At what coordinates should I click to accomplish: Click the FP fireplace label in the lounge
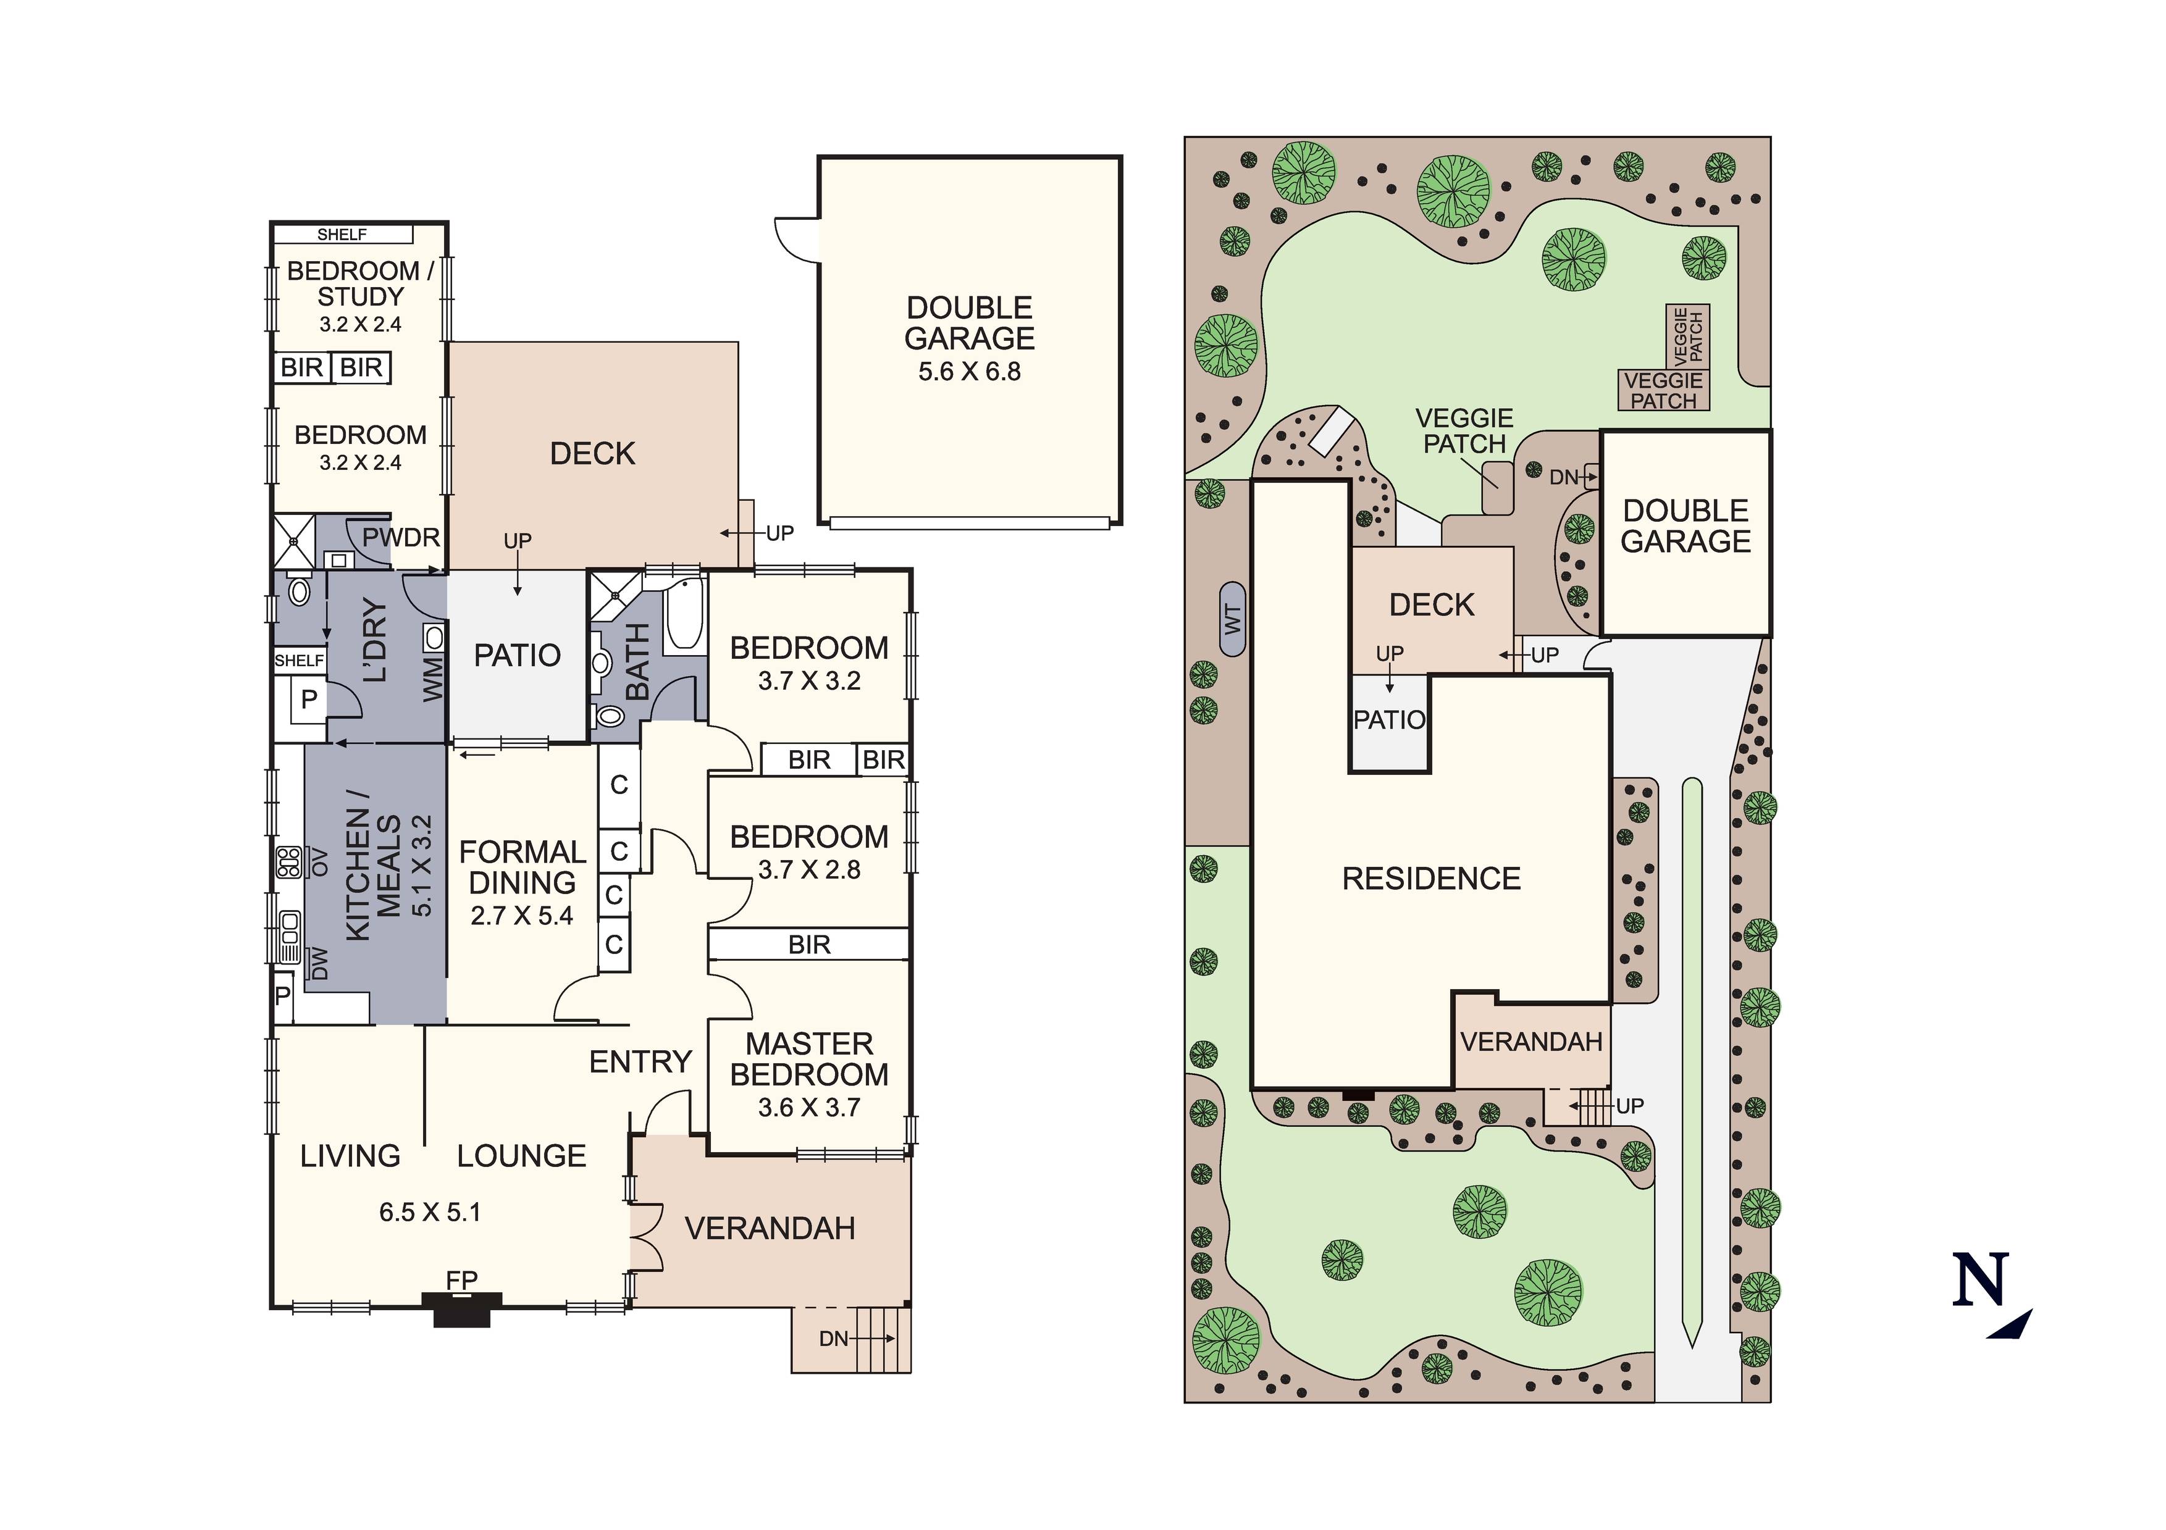461,1280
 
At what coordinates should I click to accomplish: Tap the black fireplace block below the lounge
461,1310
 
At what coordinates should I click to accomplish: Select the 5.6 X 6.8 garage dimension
970,372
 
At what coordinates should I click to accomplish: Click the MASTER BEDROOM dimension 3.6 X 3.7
810,1108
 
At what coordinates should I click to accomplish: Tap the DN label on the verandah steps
834,1339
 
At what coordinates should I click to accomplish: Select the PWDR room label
401,538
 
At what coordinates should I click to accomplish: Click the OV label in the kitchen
320,862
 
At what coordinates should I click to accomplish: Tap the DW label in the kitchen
320,963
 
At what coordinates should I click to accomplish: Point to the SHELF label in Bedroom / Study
342,235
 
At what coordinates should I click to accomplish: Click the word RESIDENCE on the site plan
1431,879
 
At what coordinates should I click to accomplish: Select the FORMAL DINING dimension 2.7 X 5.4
522,916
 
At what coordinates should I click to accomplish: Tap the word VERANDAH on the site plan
1531,1042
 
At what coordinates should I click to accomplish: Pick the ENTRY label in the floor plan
640,1062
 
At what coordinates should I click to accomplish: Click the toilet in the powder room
299,590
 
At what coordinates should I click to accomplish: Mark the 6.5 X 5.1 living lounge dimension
430,1212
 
